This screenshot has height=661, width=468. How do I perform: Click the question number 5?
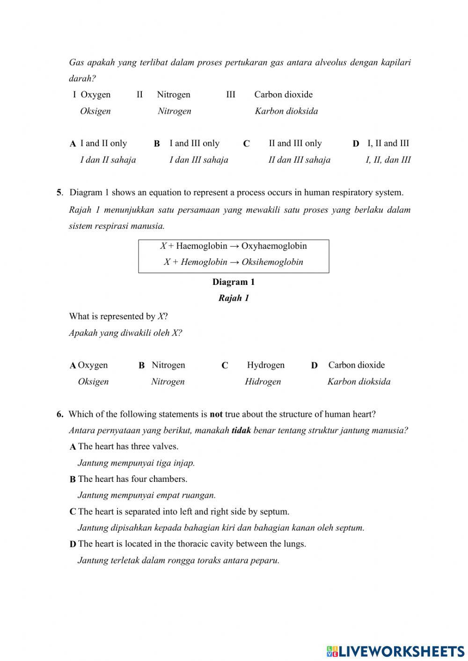(x=59, y=192)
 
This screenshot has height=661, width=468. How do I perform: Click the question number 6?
(x=59, y=414)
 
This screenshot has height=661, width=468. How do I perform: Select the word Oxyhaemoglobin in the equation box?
(x=274, y=246)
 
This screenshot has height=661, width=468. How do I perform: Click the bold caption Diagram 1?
(x=234, y=282)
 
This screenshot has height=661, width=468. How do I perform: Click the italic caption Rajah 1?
(x=234, y=298)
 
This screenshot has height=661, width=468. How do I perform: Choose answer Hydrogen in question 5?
(x=265, y=365)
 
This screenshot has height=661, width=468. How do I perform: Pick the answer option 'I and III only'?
(x=194, y=143)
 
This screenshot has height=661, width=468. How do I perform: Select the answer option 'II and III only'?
(x=295, y=143)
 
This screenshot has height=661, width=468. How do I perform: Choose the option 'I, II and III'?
(x=388, y=143)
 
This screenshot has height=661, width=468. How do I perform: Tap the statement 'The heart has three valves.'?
(x=128, y=446)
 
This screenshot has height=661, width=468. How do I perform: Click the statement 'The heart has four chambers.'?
(x=132, y=479)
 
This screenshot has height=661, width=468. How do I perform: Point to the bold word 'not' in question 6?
(x=216, y=414)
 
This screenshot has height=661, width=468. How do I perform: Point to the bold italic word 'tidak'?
(x=241, y=430)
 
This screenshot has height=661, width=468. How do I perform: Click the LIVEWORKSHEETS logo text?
(x=401, y=651)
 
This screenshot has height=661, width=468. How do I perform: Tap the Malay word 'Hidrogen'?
(x=263, y=381)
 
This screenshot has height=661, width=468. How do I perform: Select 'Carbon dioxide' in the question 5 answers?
(x=356, y=365)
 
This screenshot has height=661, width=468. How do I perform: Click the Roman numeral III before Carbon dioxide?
(x=231, y=94)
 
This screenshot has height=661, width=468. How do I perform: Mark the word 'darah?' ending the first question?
(x=82, y=78)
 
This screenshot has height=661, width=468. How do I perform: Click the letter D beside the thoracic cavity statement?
(x=73, y=544)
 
